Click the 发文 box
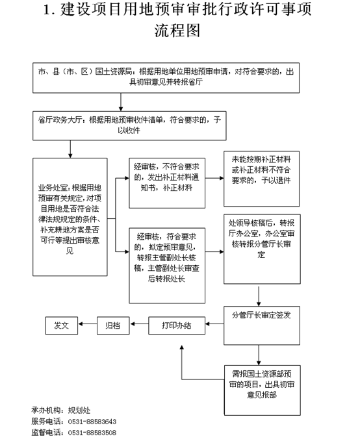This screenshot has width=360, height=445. (61, 325)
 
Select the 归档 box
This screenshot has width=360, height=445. (113, 325)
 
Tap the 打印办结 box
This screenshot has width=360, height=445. (177, 325)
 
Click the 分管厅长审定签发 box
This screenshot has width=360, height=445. (262, 325)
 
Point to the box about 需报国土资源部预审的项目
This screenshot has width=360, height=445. (262, 390)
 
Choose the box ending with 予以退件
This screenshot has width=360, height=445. (261, 179)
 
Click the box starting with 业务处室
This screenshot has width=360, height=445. (70, 217)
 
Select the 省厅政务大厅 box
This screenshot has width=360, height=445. (129, 125)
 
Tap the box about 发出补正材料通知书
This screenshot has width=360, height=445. (167, 183)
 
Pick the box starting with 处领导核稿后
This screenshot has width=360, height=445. (262, 249)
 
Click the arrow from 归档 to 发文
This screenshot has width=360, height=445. (88, 324)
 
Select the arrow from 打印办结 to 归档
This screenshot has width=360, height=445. (139, 324)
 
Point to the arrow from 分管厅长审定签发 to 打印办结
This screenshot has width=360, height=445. (214, 324)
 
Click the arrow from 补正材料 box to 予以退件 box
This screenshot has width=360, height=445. (214, 178)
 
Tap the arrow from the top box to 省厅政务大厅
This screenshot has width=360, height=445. (121, 102)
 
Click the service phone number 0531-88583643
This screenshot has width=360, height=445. (92, 422)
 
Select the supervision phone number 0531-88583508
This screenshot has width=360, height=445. (92, 433)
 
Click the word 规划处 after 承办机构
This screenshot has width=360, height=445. (79, 410)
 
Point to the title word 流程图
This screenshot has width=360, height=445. (177, 31)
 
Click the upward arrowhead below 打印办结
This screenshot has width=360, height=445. (182, 348)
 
